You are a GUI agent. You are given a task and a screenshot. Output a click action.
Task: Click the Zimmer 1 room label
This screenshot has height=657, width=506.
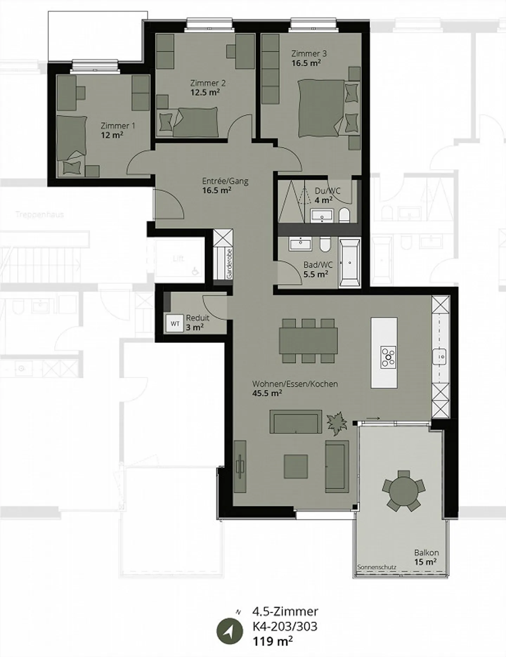[117, 125]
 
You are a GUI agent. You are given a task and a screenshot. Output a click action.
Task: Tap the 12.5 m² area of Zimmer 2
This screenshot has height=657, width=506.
[205, 93]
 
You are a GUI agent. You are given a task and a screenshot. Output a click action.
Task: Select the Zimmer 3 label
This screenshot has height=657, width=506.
[309, 54]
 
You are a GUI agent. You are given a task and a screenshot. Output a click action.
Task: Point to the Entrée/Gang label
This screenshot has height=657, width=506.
[225, 181]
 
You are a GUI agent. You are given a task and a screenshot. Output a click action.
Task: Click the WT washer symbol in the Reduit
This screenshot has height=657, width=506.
[175, 324]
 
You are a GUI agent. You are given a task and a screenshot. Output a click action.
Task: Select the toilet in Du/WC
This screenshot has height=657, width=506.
[344, 215]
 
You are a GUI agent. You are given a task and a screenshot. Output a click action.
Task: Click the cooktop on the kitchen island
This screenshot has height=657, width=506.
[388, 357]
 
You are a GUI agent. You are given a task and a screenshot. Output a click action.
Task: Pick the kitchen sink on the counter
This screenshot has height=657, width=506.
[439, 357]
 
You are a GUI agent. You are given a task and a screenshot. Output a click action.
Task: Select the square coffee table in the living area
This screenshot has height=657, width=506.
[296, 467]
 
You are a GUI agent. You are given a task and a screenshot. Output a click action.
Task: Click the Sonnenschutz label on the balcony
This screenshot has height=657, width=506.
[376, 567]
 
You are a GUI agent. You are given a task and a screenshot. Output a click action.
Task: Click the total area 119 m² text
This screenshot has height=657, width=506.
[273, 641]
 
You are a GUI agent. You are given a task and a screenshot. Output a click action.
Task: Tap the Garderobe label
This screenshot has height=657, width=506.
[229, 264]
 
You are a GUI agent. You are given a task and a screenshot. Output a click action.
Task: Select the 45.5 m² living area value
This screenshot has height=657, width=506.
[267, 393]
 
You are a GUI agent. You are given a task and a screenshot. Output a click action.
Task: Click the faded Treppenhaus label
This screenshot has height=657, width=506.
[40, 214]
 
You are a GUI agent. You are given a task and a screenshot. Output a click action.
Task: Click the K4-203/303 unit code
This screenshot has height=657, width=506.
[285, 626]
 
